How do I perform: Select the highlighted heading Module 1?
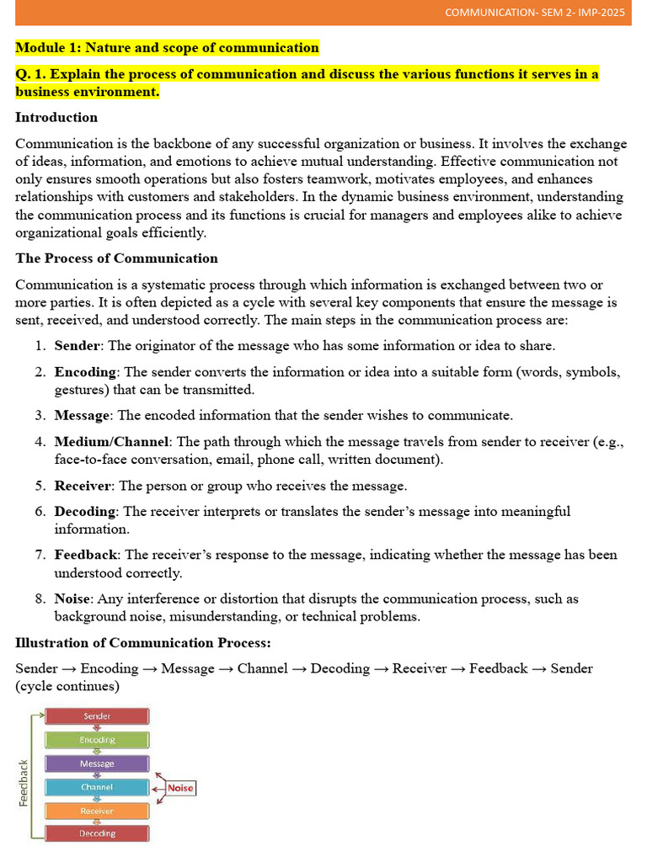coord(167,47)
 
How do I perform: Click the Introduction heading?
coord(56,117)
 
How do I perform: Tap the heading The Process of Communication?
coord(116,258)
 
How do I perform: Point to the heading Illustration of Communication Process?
coord(143,643)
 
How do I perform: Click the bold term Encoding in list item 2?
coord(85,372)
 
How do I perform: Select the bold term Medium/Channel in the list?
coord(112,442)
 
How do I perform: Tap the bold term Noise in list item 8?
coord(72,599)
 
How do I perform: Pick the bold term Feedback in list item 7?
coord(86,555)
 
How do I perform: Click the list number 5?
coord(40,486)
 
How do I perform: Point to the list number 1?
coord(40,346)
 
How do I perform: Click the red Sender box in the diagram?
coord(97,716)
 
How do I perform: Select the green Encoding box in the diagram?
coord(97,740)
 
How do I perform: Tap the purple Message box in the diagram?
coord(97,764)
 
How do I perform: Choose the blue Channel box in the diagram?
coord(97,787)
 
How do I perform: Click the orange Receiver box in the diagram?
coord(97,811)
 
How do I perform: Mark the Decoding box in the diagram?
coord(97,833)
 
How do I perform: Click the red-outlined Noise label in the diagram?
coord(180,789)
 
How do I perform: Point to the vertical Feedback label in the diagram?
coord(24,783)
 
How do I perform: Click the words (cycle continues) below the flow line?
coord(67,687)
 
